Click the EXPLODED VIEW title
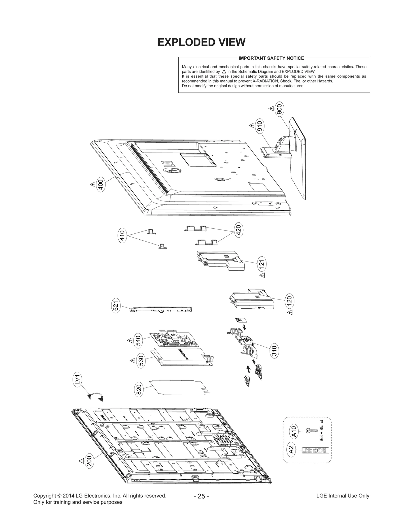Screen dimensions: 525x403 coord(201,42)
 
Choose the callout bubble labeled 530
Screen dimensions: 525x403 coord(141,360)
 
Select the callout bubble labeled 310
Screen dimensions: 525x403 coord(274,351)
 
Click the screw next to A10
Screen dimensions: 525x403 coord(311,431)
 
